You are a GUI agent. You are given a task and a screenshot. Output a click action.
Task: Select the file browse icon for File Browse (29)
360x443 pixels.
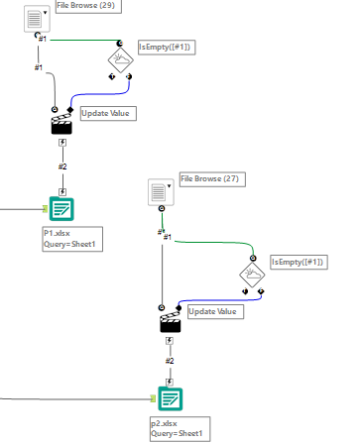35,18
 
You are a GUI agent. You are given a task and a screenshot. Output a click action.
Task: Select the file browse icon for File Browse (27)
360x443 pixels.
158,191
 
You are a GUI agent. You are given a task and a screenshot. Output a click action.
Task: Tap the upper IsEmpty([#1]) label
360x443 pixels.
164,47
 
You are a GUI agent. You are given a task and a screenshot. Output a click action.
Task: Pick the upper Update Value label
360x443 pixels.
106,113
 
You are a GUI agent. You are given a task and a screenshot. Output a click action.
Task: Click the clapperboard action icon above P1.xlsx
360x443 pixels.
61,122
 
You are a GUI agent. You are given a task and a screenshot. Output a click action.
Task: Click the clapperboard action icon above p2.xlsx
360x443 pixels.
170,321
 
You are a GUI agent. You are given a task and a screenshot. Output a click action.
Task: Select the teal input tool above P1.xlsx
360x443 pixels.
61,209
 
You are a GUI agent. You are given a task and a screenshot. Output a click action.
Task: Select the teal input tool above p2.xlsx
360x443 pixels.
170,398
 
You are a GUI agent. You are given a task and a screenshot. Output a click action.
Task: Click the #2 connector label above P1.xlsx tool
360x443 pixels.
61,166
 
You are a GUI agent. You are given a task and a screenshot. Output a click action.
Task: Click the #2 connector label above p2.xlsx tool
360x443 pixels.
170,362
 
